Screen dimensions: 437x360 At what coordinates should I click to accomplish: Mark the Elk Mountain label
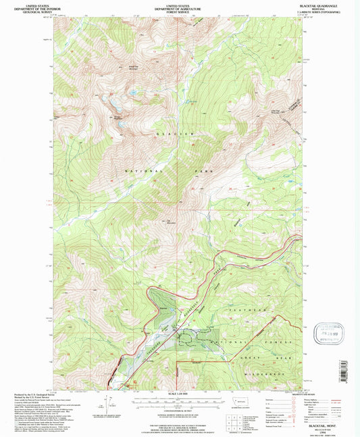click(164, 221)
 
